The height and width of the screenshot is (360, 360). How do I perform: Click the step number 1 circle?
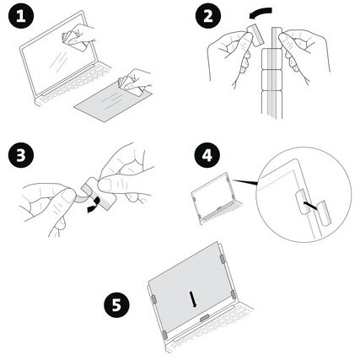tap(21, 16)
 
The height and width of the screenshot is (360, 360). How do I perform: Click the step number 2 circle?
tap(208, 16)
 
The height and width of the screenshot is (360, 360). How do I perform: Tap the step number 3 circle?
tap(21, 155)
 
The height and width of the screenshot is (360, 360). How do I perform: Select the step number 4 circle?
tap(207, 155)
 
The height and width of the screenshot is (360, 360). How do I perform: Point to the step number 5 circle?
tap(116, 304)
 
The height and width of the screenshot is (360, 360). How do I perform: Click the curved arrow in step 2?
tap(260, 13)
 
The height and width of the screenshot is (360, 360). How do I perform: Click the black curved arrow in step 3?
tap(94, 204)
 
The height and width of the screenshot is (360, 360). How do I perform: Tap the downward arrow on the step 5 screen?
tap(194, 299)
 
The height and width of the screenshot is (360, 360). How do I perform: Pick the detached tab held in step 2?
tap(255, 35)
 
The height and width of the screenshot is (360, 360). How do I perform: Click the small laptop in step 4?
tap(216, 199)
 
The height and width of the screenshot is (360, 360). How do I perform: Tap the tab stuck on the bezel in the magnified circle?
tap(302, 201)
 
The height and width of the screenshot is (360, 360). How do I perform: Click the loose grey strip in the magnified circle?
tap(325, 213)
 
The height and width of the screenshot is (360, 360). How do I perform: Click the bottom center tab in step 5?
tap(205, 318)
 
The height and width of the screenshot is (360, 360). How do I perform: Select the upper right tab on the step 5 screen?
tap(223, 259)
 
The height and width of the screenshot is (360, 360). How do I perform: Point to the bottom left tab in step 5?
tap(164, 335)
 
